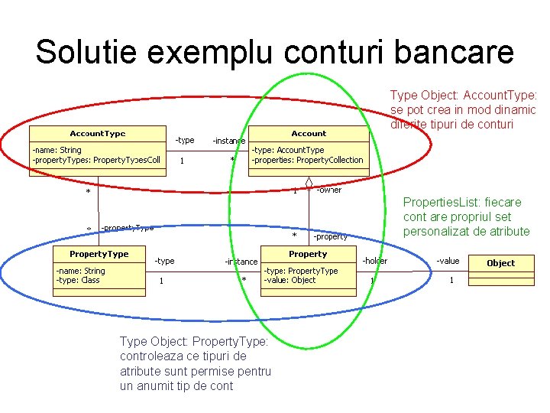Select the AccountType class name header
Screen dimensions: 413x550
click(x=98, y=133)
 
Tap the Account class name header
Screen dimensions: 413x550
click(x=309, y=133)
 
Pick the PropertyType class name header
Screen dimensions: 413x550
click(x=99, y=254)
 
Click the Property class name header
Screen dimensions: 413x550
click(x=308, y=254)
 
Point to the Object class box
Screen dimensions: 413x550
click(x=500, y=263)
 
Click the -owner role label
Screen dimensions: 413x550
click(x=329, y=190)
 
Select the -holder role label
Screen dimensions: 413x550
click(x=374, y=261)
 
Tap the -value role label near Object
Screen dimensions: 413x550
click(x=448, y=261)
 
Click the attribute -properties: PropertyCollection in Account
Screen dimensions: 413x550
click(x=308, y=160)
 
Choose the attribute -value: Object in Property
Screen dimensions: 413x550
click(x=290, y=280)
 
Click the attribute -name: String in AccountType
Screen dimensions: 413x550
click(x=57, y=150)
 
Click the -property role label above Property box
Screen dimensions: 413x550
click(x=329, y=236)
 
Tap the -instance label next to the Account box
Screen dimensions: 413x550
click(x=228, y=141)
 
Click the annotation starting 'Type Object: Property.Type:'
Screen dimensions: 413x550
click(x=194, y=342)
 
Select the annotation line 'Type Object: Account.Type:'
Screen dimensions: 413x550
click(x=464, y=96)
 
